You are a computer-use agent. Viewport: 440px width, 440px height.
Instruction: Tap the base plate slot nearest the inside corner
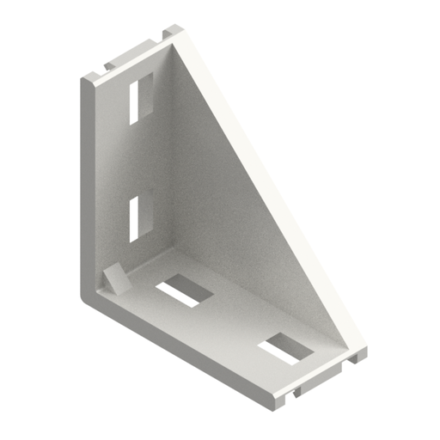(185, 290)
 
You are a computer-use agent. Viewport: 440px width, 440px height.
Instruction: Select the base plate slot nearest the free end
(284, 348)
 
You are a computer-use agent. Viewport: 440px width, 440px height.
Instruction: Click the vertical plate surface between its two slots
(137, 159)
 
